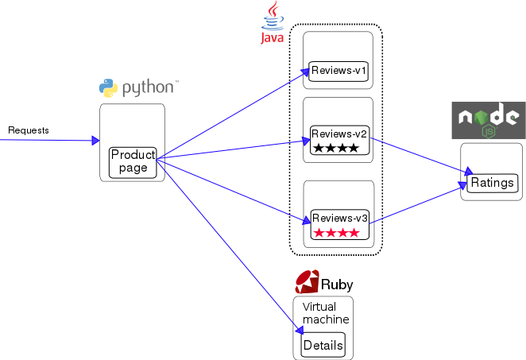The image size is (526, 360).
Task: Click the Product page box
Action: (133, 162)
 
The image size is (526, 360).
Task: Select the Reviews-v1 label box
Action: (338, 71)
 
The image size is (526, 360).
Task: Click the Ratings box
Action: (492, 183)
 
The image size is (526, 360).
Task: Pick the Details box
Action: (323, 345)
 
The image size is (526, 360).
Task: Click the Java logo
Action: (273, 22)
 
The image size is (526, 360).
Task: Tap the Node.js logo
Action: (489, 121)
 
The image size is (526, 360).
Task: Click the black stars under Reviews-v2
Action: (336, 148)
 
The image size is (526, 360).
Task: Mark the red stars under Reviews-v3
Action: (336, 233)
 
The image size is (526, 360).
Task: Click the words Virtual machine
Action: (325, 312)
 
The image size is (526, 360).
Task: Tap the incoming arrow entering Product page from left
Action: (48, 141)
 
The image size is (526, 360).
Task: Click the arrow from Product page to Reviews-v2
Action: (230, 149)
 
